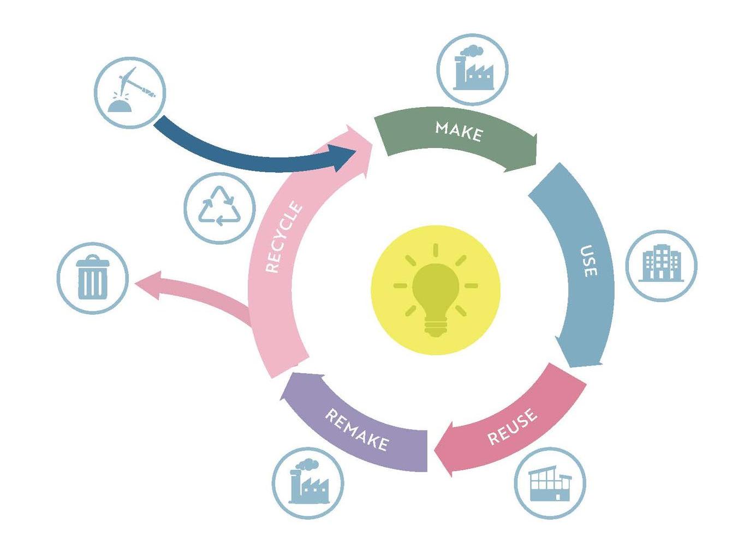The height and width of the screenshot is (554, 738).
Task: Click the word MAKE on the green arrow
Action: (459, 132)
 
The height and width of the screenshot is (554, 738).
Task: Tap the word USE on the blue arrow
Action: (589, 261)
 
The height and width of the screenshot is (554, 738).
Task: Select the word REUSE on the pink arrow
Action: (512, 426)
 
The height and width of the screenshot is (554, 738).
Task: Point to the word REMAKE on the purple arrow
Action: (357, 429)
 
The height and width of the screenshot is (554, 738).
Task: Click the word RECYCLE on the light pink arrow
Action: (284, 236)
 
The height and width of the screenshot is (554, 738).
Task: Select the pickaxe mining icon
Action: (132, 90)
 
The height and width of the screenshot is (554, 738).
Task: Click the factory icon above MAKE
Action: (473, 68)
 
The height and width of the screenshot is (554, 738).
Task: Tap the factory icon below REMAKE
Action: (308, 481)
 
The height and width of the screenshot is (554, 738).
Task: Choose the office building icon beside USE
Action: (661, 263)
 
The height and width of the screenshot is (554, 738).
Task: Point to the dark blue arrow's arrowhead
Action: (343, 158)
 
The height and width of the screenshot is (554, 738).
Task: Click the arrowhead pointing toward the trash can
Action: (148, 285)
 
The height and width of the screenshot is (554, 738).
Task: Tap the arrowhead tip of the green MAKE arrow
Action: (536, 164)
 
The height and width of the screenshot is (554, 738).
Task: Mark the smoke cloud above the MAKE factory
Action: (471, 51)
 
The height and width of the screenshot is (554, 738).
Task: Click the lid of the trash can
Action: (92, 261)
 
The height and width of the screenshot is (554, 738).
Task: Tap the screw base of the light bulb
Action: (436, 329)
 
